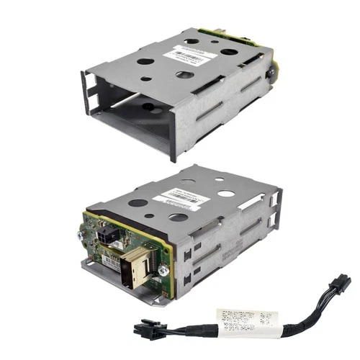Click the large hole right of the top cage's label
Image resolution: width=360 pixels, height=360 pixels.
[229, 52]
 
